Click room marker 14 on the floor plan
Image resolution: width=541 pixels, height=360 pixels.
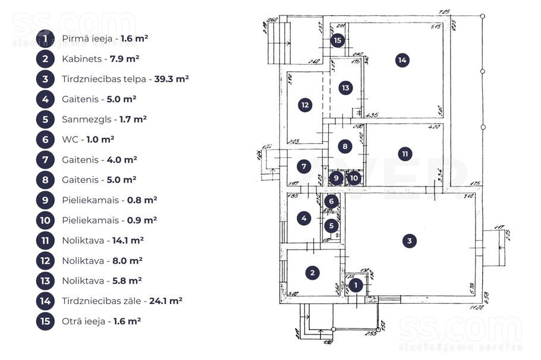coord(402,60)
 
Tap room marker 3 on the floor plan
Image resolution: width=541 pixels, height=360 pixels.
coord(409,241)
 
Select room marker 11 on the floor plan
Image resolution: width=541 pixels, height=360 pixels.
coord(405,154)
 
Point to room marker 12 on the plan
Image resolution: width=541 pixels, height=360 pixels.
coord(304,105)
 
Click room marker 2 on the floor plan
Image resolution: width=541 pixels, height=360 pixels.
coord(313,273)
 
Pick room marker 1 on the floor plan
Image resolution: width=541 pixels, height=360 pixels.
coord(356,286)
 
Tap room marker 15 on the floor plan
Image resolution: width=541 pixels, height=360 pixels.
coord(338,40)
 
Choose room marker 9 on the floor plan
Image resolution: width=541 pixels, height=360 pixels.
coord(336,177)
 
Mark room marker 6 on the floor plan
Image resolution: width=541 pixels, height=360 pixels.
coord(332,201)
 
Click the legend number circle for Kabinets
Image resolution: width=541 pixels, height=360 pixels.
coord(46,59)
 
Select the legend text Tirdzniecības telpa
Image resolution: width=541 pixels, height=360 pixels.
coord(98,79)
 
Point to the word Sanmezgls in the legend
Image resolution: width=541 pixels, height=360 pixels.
coord(81,119)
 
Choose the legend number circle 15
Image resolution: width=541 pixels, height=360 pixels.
coord(46,321)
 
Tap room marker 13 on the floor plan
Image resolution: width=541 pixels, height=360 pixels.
coord(345,88)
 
